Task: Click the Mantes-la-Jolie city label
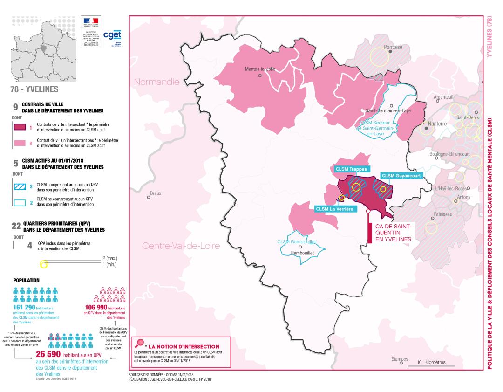click(260, 69)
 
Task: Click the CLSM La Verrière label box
click(335, 209)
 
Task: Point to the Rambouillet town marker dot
click(300, 247)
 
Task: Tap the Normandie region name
click(156, 82)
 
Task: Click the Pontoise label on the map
click(393, 47)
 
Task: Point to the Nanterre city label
click(436, 124)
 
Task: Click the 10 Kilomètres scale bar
click(431, 364)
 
